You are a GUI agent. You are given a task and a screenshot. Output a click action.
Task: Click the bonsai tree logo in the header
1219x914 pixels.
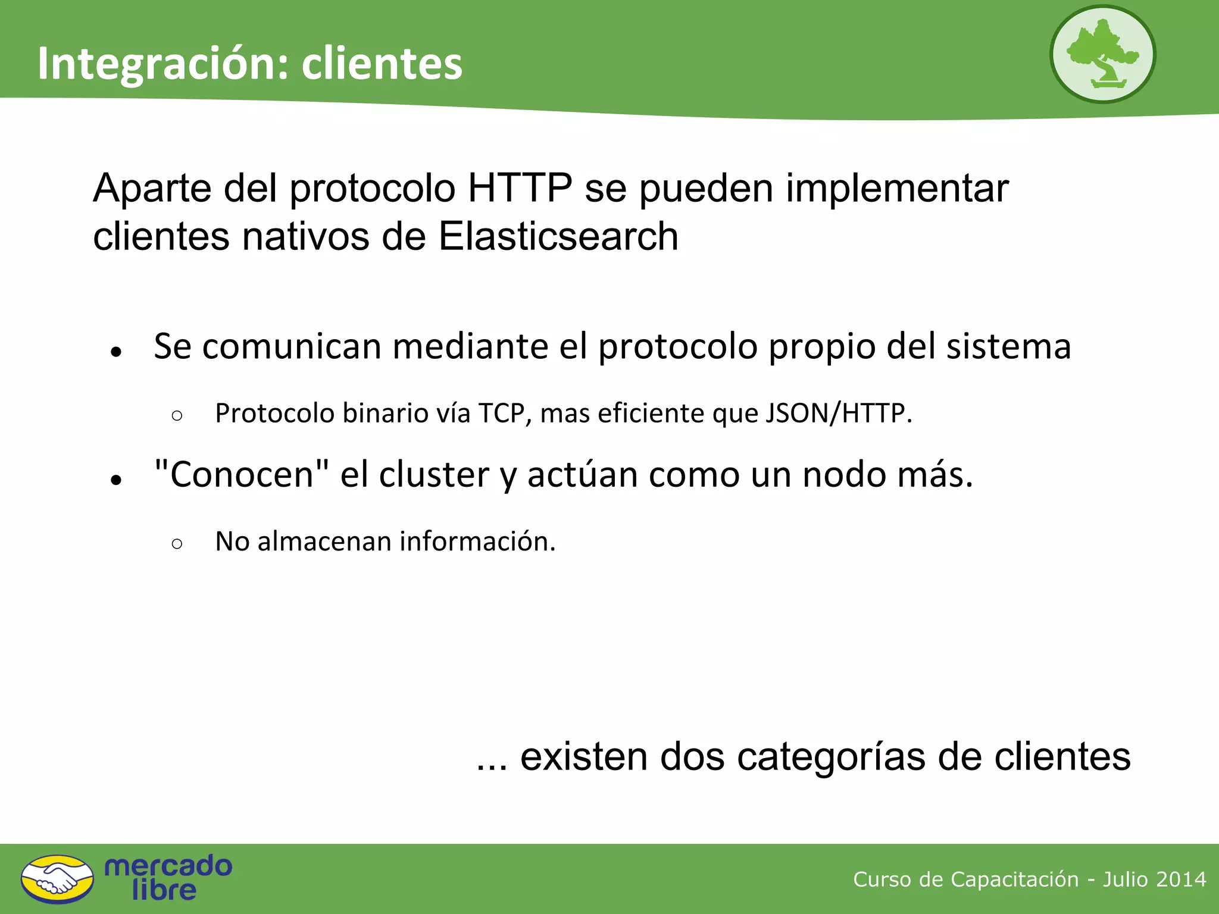[1102, 54]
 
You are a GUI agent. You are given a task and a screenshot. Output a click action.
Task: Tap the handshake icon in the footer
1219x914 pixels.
[57, 879]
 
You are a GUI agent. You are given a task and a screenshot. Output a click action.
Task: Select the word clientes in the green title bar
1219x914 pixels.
[382, 63]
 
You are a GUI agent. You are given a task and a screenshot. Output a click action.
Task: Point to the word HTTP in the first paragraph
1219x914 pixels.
[520, 188]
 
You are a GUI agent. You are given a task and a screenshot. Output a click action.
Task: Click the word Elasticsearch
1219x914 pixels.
[558, 236]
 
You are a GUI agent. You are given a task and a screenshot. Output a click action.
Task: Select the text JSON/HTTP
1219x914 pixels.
[837, 413]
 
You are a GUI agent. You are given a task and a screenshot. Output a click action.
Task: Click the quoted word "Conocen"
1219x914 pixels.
[241, 474]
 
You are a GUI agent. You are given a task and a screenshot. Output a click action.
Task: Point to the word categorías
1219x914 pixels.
[830, 757]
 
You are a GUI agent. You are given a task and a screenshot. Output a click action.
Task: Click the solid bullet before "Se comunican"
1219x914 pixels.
[116, 352]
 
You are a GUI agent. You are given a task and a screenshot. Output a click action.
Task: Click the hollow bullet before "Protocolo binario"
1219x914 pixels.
[176, 415]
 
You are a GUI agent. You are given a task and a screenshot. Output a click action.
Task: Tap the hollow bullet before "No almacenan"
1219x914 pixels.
[176, 543]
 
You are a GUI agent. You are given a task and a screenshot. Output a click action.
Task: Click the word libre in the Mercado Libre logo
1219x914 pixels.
[164, 890]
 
